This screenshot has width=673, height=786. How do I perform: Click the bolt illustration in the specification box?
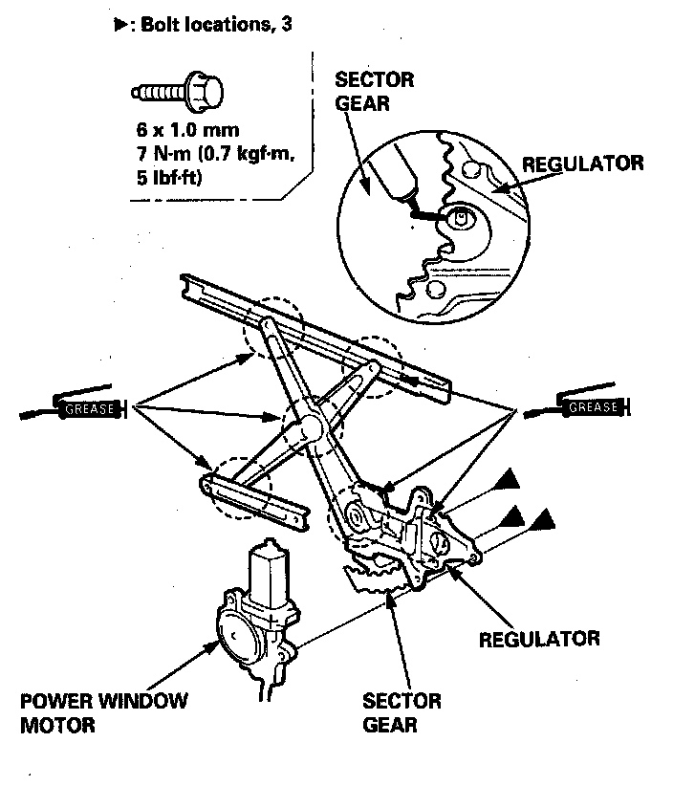coord(176,94)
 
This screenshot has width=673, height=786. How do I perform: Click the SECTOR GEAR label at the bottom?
coord(402,712)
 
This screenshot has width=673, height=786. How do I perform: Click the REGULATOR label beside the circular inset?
coord(582,164)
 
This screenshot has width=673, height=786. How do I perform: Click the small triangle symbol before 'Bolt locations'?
coord(119,26)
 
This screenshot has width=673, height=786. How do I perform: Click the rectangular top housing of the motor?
coord(267,566)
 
